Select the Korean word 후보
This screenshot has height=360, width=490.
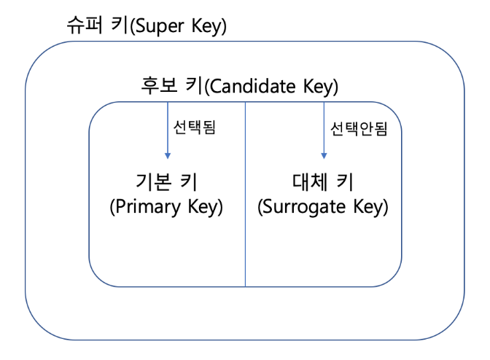159,87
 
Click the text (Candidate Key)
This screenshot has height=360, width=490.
272,87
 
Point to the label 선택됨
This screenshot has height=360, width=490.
195,128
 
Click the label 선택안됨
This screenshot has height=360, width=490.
359,129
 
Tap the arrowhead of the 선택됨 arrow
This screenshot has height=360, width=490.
167,154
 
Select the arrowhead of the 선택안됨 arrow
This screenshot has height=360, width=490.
324,154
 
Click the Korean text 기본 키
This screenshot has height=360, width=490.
166,181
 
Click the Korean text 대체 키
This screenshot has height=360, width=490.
323,181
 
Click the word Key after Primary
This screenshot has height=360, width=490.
205,207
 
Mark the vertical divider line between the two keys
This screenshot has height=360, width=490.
245,219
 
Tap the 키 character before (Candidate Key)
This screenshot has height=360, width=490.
193,87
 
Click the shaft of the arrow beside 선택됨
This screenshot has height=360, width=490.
167,128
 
